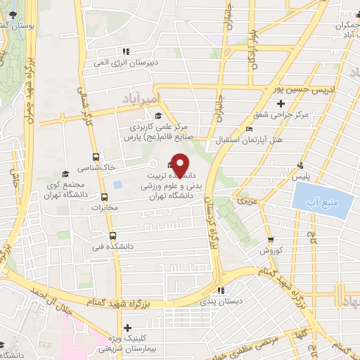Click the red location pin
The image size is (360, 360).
(180, 165)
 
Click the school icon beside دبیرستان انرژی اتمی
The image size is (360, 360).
(126, 51)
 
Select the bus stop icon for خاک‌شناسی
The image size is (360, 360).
(96, 158)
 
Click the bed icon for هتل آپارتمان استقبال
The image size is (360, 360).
(249, 128)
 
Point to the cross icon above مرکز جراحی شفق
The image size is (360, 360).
(281, 104)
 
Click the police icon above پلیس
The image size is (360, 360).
(300, 166)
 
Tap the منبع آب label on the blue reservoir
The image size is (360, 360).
(316, 204)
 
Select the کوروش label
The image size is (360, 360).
(271, 250)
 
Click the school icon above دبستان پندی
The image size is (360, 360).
(221, 290)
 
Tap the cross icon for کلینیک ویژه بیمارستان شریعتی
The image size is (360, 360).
(127, 328)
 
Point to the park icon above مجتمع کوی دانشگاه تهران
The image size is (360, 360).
(64, 172)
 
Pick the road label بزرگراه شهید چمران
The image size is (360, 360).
(30, 84)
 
